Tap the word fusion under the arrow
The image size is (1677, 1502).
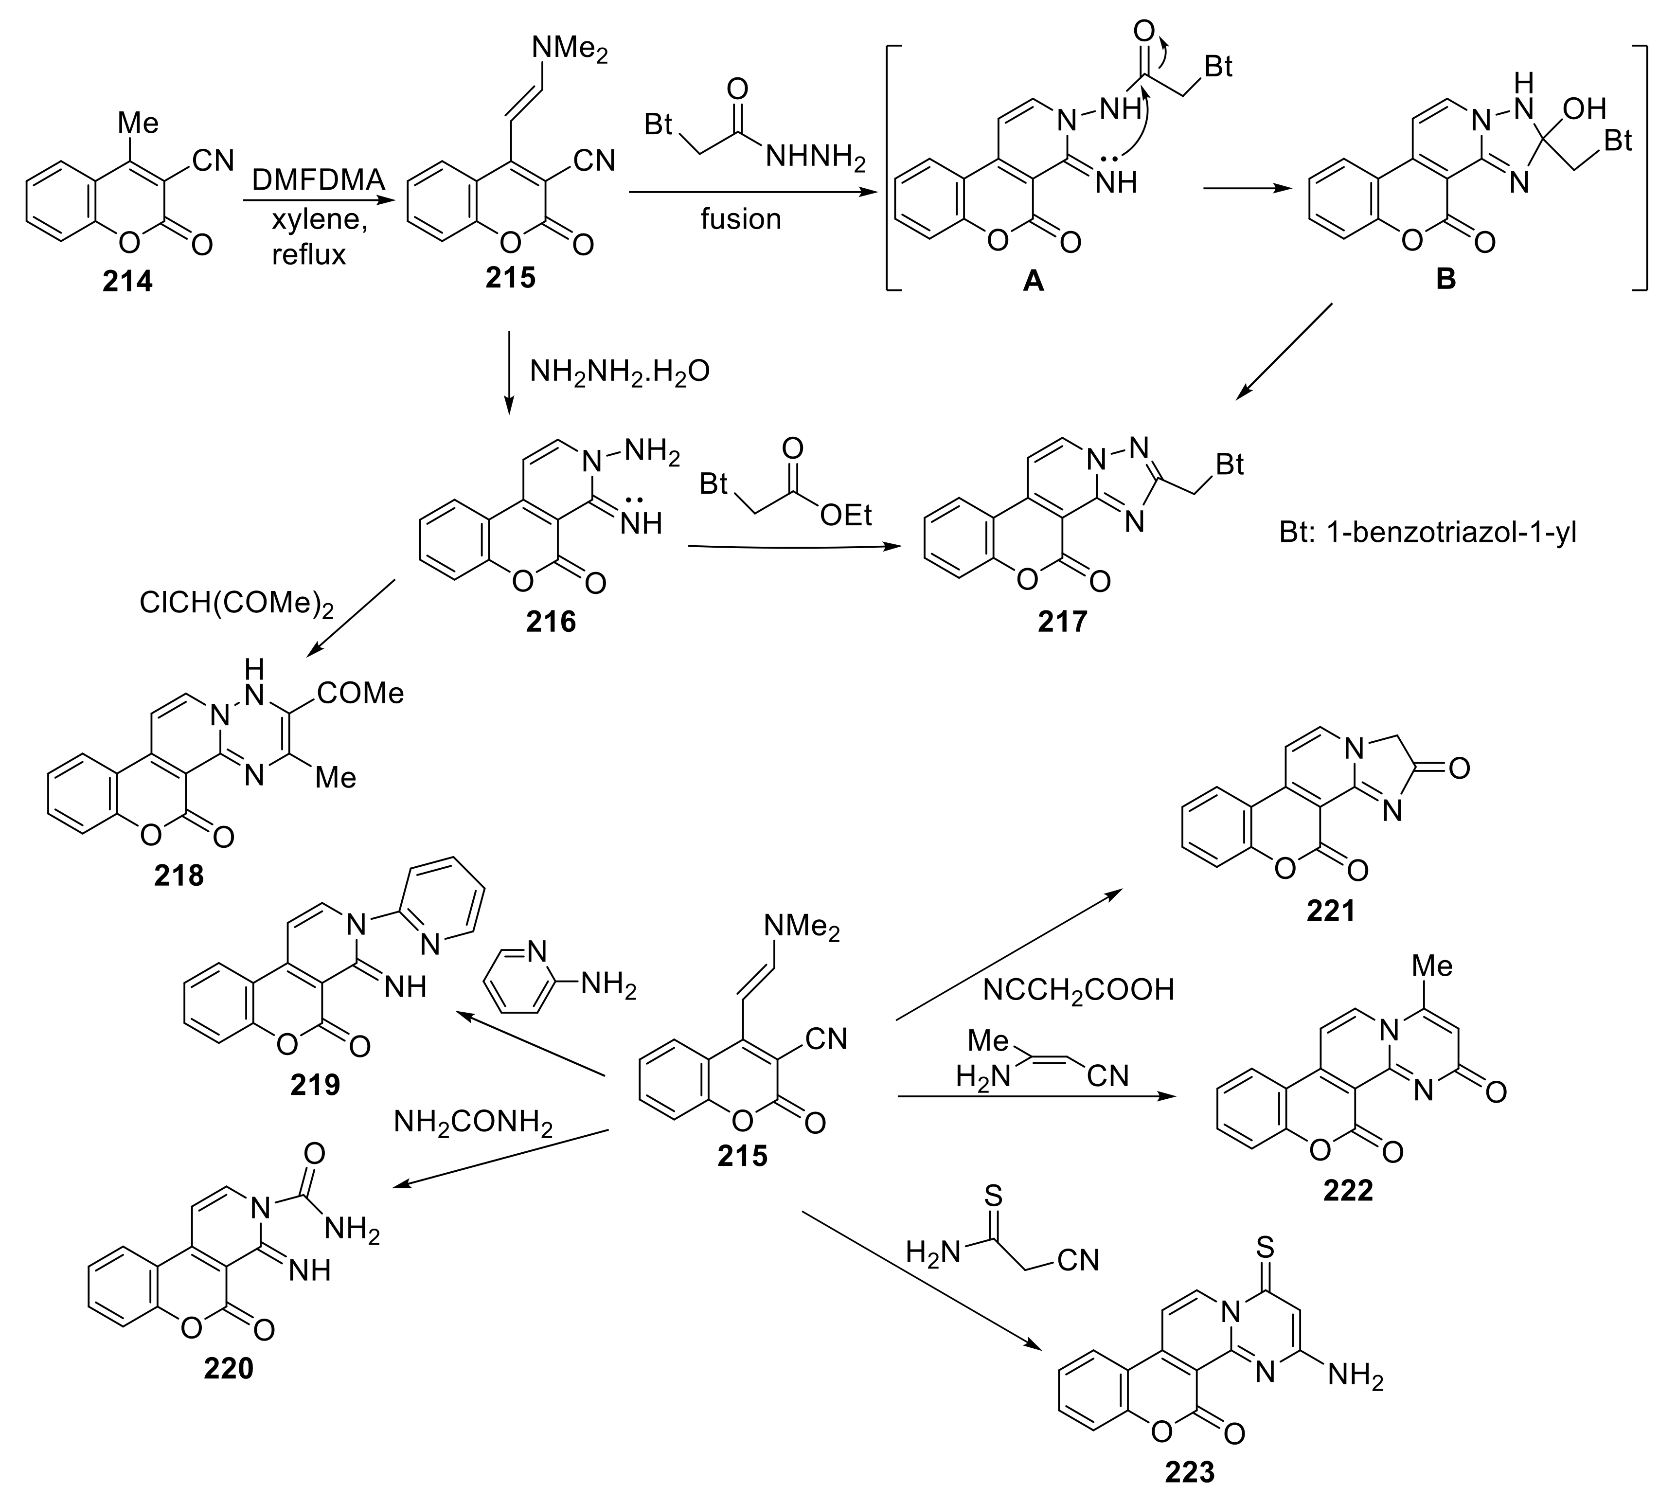(740, 219)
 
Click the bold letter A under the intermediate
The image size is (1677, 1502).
(1033, 282)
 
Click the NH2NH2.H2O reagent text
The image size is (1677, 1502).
(619, 372)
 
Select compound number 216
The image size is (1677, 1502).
(551, 621)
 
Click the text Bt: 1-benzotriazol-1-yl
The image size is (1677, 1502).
(1428, 532)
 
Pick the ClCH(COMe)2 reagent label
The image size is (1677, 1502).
(236, 603)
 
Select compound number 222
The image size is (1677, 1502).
(1348, 1189)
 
